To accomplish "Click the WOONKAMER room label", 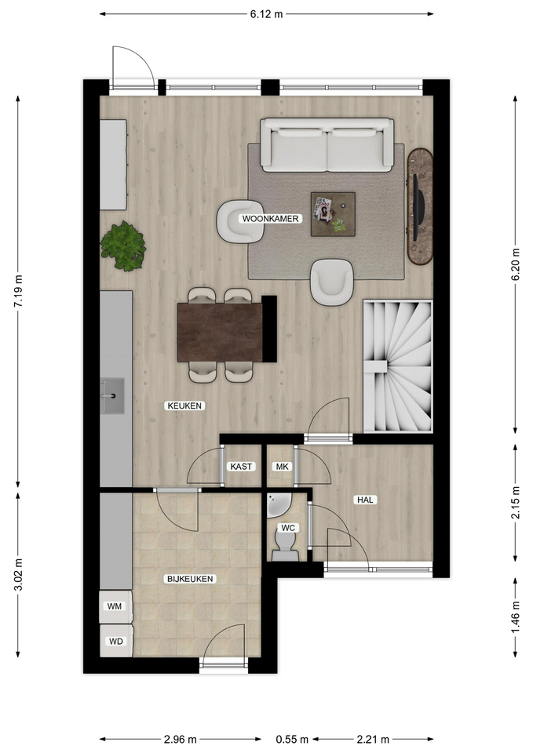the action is point(270,219).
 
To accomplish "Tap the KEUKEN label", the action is point(184,406).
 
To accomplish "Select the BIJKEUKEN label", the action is point(190,579).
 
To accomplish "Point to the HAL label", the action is point(365,500).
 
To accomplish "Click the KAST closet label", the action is point(241,466).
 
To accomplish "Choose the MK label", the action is point(282,466).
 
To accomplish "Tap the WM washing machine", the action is point(116,607).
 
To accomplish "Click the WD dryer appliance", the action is point(116,641).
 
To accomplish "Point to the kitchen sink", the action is point(112,395).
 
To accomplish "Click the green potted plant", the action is point(123,246).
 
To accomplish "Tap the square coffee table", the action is point(333,214).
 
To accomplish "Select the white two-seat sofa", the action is point(327,145).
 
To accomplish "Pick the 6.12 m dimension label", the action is point(266,14).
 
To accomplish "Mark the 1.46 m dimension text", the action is point(516,617).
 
